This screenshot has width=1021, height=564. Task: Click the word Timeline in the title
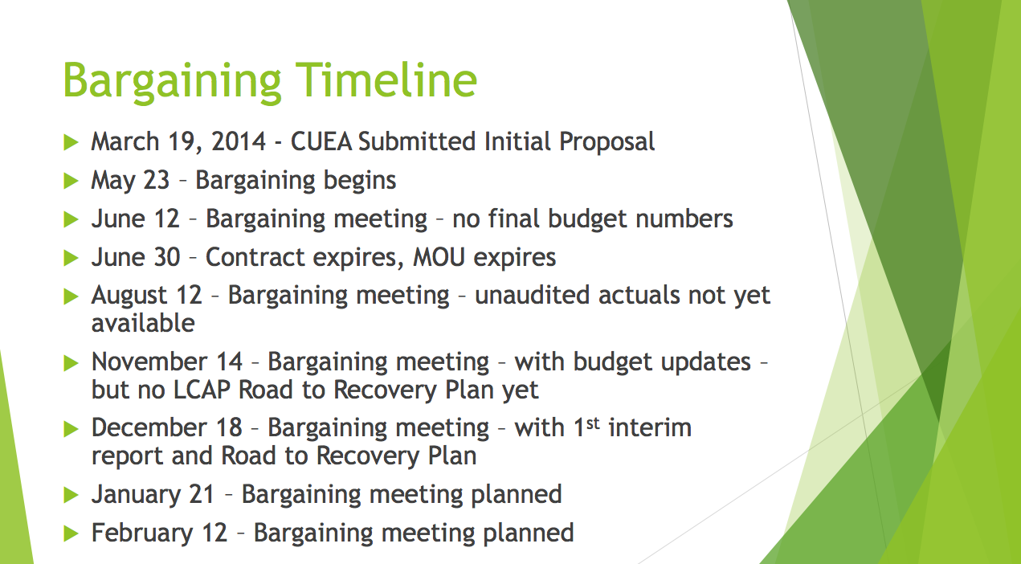[386, 80]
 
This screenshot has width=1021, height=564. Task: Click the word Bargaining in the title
[172, 83]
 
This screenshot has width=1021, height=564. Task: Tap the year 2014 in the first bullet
[239, 141]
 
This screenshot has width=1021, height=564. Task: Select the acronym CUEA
[321, 141]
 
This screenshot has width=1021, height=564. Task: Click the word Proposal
[606, 143]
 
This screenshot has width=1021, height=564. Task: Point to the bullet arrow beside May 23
[71, 181]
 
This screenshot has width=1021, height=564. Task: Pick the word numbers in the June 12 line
[684, 219]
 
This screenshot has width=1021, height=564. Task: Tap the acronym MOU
[439, 258]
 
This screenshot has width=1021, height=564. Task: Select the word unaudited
[533, 296]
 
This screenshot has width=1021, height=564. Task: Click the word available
[143, 324]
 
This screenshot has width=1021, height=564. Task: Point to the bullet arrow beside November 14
[71, 363]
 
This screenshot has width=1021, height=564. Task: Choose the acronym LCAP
[202, 390]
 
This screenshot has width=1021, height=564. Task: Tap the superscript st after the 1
[593, 423]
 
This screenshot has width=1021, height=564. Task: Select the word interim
[650, 428]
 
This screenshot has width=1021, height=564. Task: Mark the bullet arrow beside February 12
[71, 533]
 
